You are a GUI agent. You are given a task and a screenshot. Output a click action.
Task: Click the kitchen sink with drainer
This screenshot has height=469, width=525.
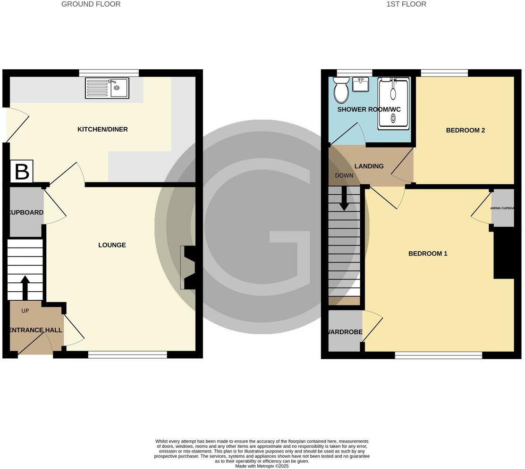(107, 88)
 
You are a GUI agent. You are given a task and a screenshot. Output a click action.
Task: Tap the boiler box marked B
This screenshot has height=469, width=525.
(22, 172)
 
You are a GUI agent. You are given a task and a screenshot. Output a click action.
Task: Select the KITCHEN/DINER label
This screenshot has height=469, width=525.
(102, 129)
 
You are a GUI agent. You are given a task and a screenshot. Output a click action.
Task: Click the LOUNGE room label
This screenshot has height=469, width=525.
(112, 245)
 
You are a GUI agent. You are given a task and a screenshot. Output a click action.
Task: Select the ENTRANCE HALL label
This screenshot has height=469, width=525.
(36, 330)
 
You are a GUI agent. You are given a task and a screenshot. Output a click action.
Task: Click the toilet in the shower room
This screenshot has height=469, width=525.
(341, 90)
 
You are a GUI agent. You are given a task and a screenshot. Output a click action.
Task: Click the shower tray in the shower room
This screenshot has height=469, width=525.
(393, 103)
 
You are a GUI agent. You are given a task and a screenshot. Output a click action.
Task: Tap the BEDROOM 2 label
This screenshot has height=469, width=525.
(466, 131)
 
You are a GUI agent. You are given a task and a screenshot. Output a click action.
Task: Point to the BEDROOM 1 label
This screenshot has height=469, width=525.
(428, 254)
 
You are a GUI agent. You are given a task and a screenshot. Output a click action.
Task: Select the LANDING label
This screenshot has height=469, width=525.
(369, 166)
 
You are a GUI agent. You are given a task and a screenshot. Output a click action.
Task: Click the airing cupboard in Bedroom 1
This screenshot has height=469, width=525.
(502, 207)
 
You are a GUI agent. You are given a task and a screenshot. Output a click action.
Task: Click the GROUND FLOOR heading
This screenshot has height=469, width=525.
(91, 4)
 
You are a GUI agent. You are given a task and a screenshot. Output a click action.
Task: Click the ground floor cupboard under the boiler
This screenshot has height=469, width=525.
(26, 212)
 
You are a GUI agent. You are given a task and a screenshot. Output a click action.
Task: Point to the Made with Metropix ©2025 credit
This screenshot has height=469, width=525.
(262, 466)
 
